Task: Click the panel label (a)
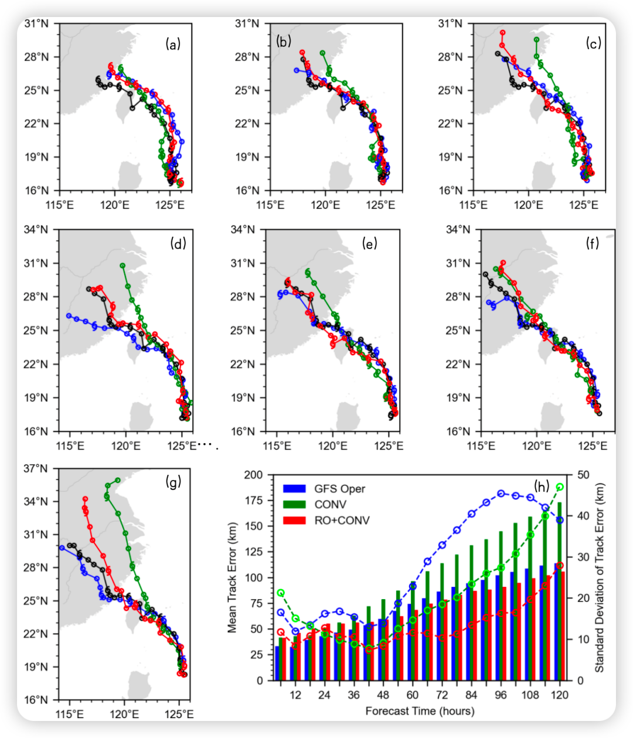[173, 45]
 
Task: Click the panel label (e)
[369, 244]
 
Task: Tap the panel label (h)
[541, 487]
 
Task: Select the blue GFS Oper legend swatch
[294, 489]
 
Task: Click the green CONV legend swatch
[294, 505]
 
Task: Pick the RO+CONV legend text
[342, 520]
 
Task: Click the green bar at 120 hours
[560, 591]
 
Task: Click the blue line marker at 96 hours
[501, 494]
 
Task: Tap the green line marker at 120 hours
[560, 487]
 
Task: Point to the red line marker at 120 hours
[560, 566]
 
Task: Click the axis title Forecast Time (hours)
[420, 711]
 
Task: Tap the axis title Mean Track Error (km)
[232, 578]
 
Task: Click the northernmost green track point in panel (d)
[122, 266]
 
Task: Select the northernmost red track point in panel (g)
[85, 499]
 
